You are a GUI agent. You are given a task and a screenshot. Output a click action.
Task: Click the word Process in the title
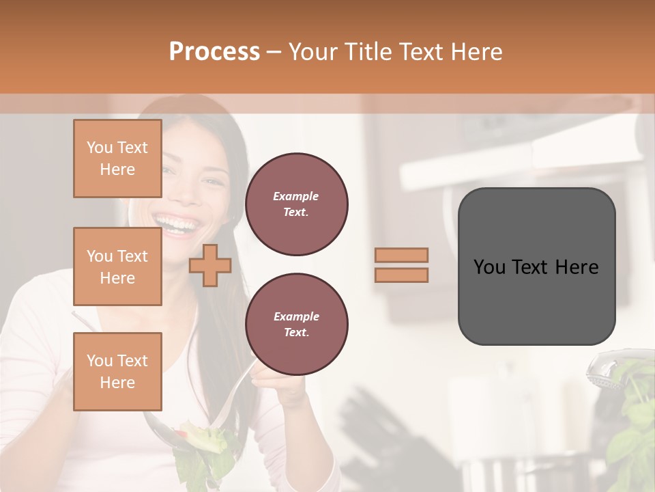click(214, 52)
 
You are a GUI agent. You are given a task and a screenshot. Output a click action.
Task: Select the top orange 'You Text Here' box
click(117, 159)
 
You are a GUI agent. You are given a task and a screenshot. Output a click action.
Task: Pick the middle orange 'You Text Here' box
click(117, 266)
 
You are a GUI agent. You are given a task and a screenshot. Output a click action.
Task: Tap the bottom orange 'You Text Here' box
click(117, 371)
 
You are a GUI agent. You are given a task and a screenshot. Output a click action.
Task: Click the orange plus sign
click(209, 266)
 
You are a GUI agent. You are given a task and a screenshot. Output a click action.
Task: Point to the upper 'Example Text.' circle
click(297, 204)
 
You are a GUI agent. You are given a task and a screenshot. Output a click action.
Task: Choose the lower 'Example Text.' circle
click(297, 325)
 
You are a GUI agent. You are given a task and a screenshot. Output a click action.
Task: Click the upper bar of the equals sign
click(401, 255)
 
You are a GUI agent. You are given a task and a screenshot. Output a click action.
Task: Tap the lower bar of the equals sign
click(401, 275)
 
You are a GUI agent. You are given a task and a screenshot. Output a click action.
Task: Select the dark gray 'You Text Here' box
click(536, 266)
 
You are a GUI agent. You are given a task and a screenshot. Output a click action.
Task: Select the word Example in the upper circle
click(296, 196)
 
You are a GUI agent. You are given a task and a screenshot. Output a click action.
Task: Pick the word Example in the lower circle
click(296, 316)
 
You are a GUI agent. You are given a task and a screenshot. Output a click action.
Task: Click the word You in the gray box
click(489, 267)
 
